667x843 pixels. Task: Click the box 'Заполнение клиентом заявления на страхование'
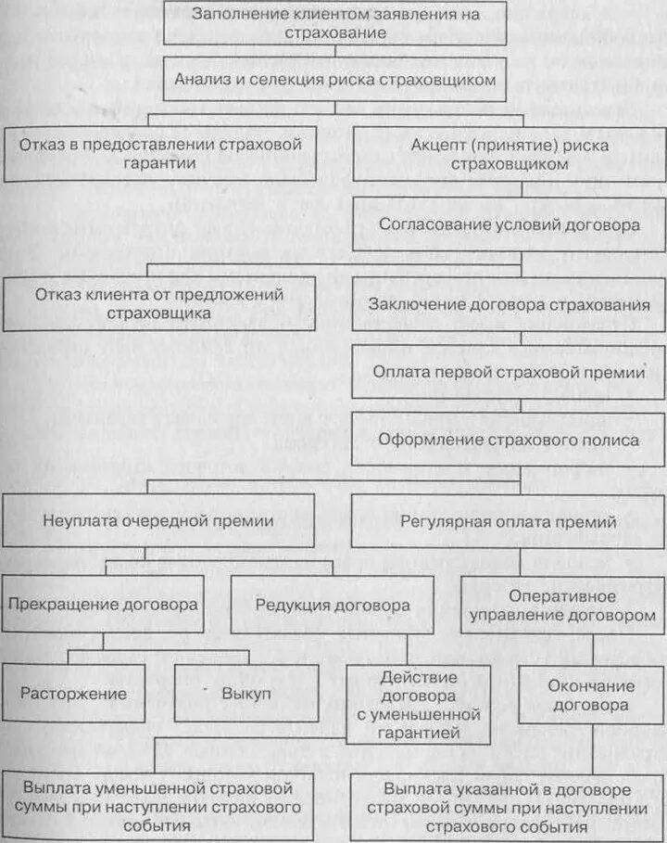pos(335,23)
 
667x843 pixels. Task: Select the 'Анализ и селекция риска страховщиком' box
pos(335,80)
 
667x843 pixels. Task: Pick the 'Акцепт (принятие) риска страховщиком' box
pos(508,153)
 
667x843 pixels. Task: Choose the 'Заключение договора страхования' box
pos(508,303)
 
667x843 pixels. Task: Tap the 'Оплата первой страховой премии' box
pos(508,372)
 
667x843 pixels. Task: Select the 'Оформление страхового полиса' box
pos(508,439)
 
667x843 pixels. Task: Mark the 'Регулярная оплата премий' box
pos(508,520)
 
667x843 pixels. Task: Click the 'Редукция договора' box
pos(332,604)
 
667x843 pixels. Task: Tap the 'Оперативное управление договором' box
pos(563,604)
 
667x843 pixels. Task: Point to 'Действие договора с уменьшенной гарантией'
pos(419,705)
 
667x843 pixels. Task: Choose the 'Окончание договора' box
pos(591,695)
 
